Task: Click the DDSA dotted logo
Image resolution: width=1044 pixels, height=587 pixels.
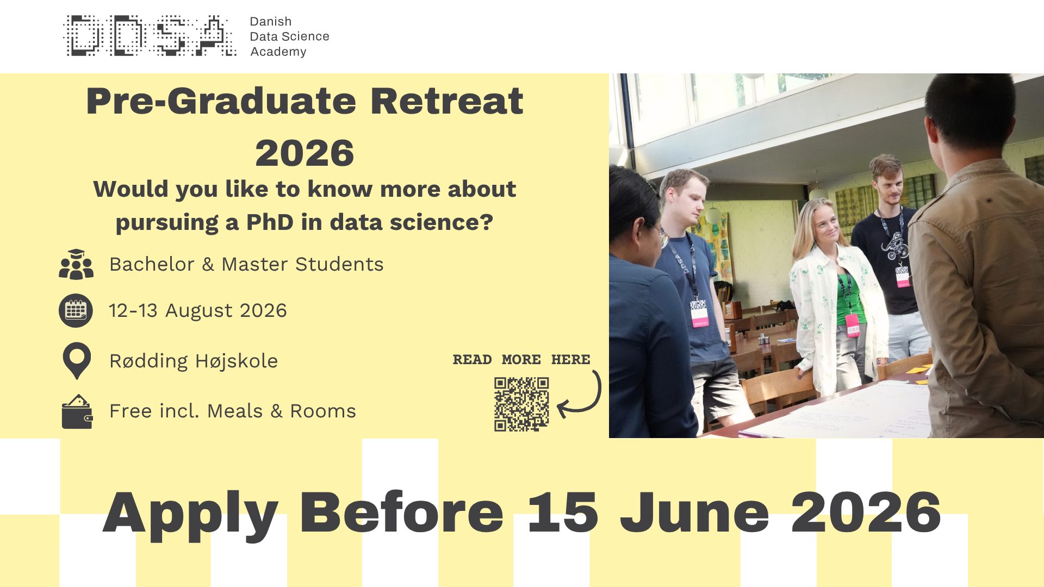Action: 150,36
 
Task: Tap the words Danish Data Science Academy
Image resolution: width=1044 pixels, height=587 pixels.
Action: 289,36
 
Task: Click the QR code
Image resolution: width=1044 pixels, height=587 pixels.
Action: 521,404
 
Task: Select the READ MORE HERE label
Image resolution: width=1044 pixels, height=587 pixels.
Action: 521,359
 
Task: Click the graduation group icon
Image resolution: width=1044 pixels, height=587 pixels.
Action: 76,264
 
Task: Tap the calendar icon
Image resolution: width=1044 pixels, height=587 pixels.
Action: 76,310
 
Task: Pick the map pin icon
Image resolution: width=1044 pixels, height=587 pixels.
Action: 77,360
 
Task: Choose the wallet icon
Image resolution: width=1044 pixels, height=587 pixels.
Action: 77,411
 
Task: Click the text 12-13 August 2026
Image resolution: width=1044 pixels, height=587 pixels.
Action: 198,310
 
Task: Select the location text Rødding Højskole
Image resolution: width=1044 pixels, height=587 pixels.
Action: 194,361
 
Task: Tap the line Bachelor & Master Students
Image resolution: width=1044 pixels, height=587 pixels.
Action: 246,264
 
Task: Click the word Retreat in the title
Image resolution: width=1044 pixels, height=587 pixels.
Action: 446,101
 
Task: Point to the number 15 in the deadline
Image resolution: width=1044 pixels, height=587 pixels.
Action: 563,512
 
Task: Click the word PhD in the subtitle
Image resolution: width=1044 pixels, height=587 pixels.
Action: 270,222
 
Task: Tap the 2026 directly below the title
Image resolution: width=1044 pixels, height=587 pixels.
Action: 304,153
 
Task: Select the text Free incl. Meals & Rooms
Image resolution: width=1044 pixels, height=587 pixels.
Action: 233,411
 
